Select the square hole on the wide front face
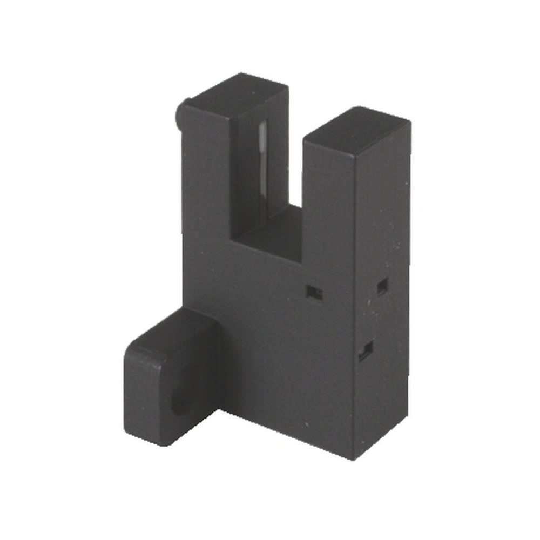click(314, 293)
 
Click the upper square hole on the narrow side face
click(382, 286)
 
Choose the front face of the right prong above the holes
click(329, 216)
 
